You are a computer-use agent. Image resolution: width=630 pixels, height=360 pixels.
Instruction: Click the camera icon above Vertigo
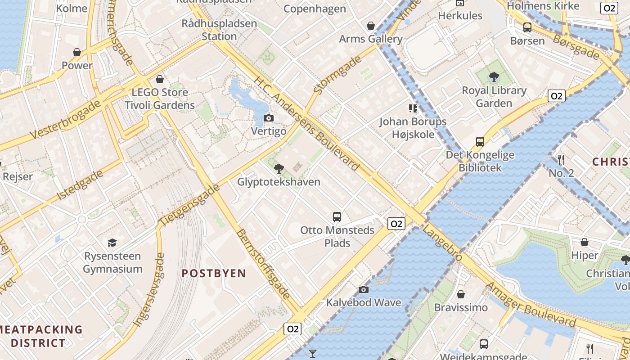[x=269, y=118]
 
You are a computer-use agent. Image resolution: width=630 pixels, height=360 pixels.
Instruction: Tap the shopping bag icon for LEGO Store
[x=159, y=80]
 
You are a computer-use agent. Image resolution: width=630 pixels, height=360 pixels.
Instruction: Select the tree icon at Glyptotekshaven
[x=279, y=169]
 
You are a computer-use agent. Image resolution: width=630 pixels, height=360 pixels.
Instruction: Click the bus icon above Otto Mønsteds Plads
[x=337, y=217]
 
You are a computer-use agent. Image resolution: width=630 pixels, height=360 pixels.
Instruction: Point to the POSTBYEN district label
[x=214, y=274]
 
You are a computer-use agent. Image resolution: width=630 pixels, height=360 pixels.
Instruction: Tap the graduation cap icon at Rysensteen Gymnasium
[x=112, y=243]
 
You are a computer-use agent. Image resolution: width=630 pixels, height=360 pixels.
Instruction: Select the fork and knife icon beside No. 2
[x=561, y=159]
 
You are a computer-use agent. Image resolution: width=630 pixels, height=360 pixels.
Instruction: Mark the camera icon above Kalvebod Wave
[x=364, y=289]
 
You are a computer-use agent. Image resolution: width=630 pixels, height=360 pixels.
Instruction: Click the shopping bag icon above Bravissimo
[x=460, y=295]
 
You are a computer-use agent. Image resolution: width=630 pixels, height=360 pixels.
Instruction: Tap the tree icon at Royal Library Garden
[x=494, y=77]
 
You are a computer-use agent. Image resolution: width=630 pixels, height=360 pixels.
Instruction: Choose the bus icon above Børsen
[x=527, y=27]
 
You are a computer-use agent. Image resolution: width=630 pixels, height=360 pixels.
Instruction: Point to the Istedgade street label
[x=81, y=185]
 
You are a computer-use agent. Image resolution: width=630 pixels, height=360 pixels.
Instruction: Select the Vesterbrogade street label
[x=66, y=120]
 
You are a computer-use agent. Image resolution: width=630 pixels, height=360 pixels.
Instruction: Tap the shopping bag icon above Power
[x=77, y=52]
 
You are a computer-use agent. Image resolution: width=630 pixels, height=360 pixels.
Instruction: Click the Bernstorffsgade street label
[x=263, y=264]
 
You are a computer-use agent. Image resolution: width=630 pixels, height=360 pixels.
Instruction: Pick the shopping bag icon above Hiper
[x=585, y=243]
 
